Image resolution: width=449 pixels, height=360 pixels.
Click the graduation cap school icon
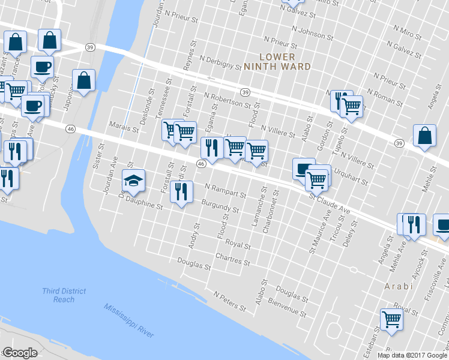133,179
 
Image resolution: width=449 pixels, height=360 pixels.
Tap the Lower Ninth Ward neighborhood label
277,61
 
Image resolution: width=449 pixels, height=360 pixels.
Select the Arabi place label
399,286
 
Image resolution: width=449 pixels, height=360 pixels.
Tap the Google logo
20,353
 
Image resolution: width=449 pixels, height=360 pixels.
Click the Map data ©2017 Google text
412,355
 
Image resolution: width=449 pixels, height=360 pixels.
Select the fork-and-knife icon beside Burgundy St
180,191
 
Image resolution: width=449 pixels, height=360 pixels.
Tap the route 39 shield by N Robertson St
245,92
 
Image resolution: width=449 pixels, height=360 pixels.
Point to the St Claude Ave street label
330,203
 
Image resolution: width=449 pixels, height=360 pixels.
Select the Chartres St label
234,261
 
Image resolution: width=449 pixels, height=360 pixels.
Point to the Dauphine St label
142,205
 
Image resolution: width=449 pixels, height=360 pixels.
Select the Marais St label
124,127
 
